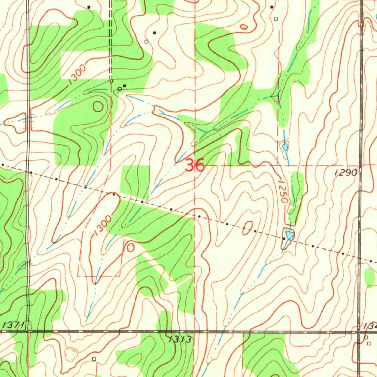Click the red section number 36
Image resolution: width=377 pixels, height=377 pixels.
[x=195, y=165]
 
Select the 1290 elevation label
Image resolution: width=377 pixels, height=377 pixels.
[x=346, y=172]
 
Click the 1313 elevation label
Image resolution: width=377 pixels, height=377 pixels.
[x=180, y=339]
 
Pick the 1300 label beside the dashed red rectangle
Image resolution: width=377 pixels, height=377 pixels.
[x=102, y=226]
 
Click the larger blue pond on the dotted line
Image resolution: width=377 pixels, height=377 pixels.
[x=289, y=234]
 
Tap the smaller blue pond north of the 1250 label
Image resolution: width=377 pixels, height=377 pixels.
[x=285, y=147]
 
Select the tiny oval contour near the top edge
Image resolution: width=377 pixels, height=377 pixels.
[x=244, y=27]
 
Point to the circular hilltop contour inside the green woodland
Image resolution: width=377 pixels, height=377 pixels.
[x=98, y=107]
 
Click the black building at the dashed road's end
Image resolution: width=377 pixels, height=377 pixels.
[x=124, y=86]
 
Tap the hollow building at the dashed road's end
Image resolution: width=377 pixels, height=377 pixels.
[x=120, y=89]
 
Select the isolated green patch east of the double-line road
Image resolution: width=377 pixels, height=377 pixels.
[x=370, y=277]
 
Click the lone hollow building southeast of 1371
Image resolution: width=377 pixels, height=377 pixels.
[x=94, y=358]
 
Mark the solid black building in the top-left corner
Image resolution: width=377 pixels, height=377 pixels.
[x=89, y=7]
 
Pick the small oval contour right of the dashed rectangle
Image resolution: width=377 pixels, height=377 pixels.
[x=131, y=248]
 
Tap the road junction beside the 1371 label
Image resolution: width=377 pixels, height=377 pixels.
[x=28, y=331]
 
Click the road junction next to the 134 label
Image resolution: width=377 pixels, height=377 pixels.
[x=360, y=331]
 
